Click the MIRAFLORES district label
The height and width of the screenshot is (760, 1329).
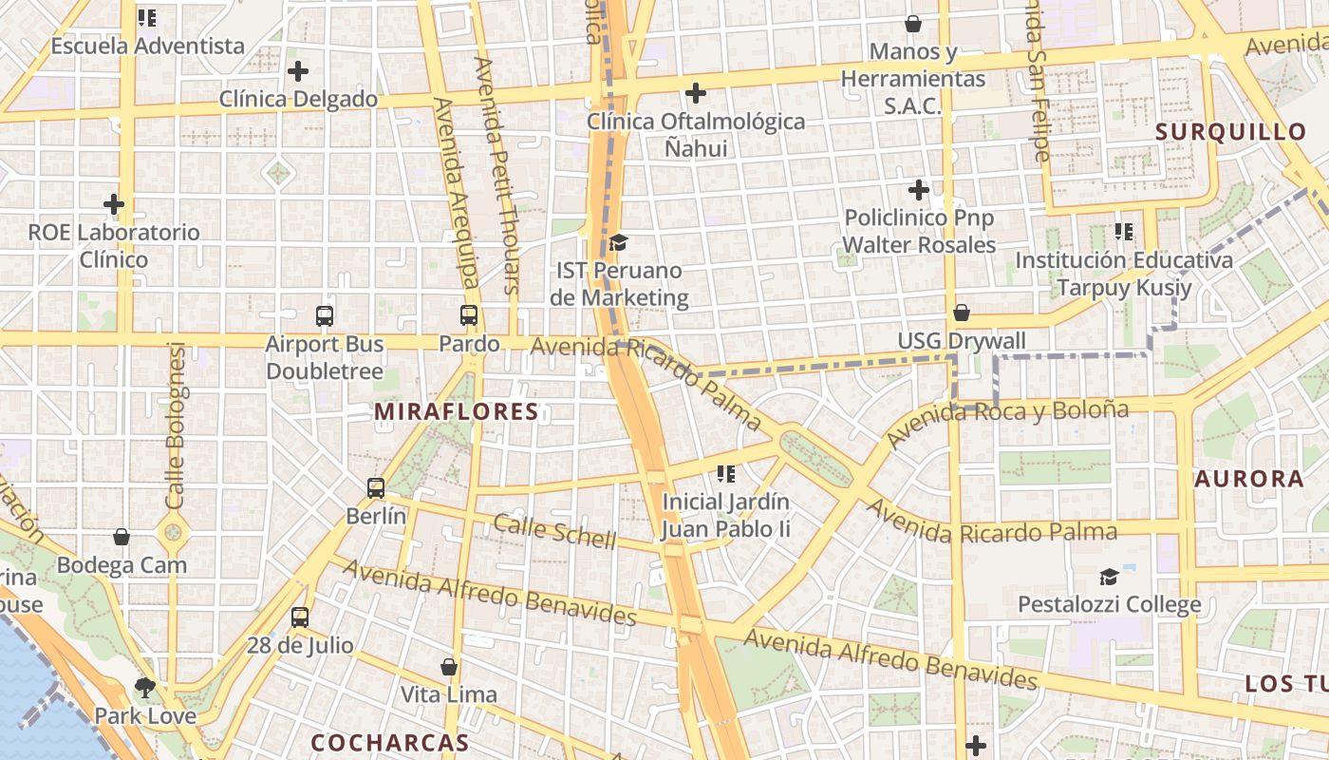[457, 411]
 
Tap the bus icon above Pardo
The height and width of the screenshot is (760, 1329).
[469, 315]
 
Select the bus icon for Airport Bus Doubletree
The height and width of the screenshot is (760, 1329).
[325, 315]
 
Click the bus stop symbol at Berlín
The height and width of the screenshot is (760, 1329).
[376, 488]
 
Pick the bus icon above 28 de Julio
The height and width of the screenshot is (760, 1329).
[300, 617]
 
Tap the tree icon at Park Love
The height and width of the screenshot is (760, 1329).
[144, 687]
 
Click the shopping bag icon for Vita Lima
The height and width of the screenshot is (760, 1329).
[449, 667]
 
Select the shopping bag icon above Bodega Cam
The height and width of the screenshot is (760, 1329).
[122, 537]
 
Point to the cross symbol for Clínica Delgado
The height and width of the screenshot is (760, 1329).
[298, 71]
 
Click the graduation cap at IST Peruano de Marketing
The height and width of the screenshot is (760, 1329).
[618, 242]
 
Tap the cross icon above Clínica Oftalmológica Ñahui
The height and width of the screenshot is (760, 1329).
[696, 93]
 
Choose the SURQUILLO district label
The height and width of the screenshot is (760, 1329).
[1231, 132]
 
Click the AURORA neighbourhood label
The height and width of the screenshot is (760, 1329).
[1249, 479]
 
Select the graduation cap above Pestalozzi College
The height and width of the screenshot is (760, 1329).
[1109, 577]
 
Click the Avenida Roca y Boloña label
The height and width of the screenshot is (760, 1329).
[1007, 424]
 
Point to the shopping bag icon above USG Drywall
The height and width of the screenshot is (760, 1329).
[962, 313]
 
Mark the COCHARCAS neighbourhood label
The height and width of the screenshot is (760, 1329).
[390, 742]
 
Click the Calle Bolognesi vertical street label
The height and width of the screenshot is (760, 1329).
[176, 426]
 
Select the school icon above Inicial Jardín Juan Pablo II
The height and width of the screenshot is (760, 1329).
[726, 473]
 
